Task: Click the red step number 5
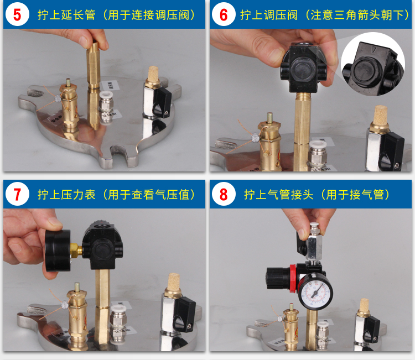click(17, 14)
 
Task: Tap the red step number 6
click(224, 14)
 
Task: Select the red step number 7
click(17, 195)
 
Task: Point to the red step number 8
click(224, 195)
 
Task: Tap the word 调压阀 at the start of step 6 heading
click(281, 15)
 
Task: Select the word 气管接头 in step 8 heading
click(290, 195)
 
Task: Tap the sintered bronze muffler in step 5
click(153, 75)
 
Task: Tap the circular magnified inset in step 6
click(372, 64)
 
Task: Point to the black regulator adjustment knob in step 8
click(277, 278)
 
